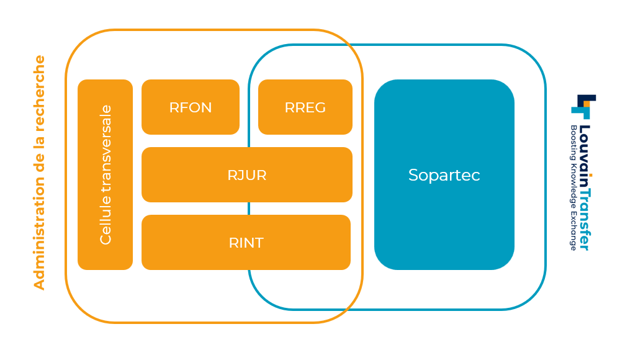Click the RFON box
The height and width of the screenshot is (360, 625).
pyautogui.click(x=191, y=107)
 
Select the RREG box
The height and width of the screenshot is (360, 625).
pyautogui.click(x=305, y=107)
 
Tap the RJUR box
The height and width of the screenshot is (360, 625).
pyautogui.click(x=247, y=174)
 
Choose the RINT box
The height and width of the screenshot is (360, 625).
pyautogui.click(x=246, y=243)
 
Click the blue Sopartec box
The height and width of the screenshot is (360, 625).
pyautogui.click(x=444, y=174)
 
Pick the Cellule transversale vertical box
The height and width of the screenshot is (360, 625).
pyautogui.click(x=106, y=174)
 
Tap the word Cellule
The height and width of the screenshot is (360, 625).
pyautogui.click(x=106, y=219)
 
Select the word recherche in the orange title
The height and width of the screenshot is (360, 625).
pyautogui.click(x=39, y=93)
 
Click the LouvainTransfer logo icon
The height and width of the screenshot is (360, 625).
pyautogui.click(x=583, y=107)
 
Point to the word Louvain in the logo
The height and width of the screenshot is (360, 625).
pyautogui.click(x=584, y=150)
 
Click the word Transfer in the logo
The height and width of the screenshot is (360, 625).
pyautogui.click(x=584, y=214)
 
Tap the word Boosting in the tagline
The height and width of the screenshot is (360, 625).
pyautogui.click(x=573, y=143)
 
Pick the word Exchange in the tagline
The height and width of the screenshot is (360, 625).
pyautogui.click(x=573, y=231)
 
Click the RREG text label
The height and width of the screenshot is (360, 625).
pyautogui.click(x=305, y=107)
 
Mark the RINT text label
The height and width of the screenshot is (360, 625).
pyautogui.click(x=246, y=243)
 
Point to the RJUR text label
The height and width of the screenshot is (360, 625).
pyautogui.click(x=247, y=175)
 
